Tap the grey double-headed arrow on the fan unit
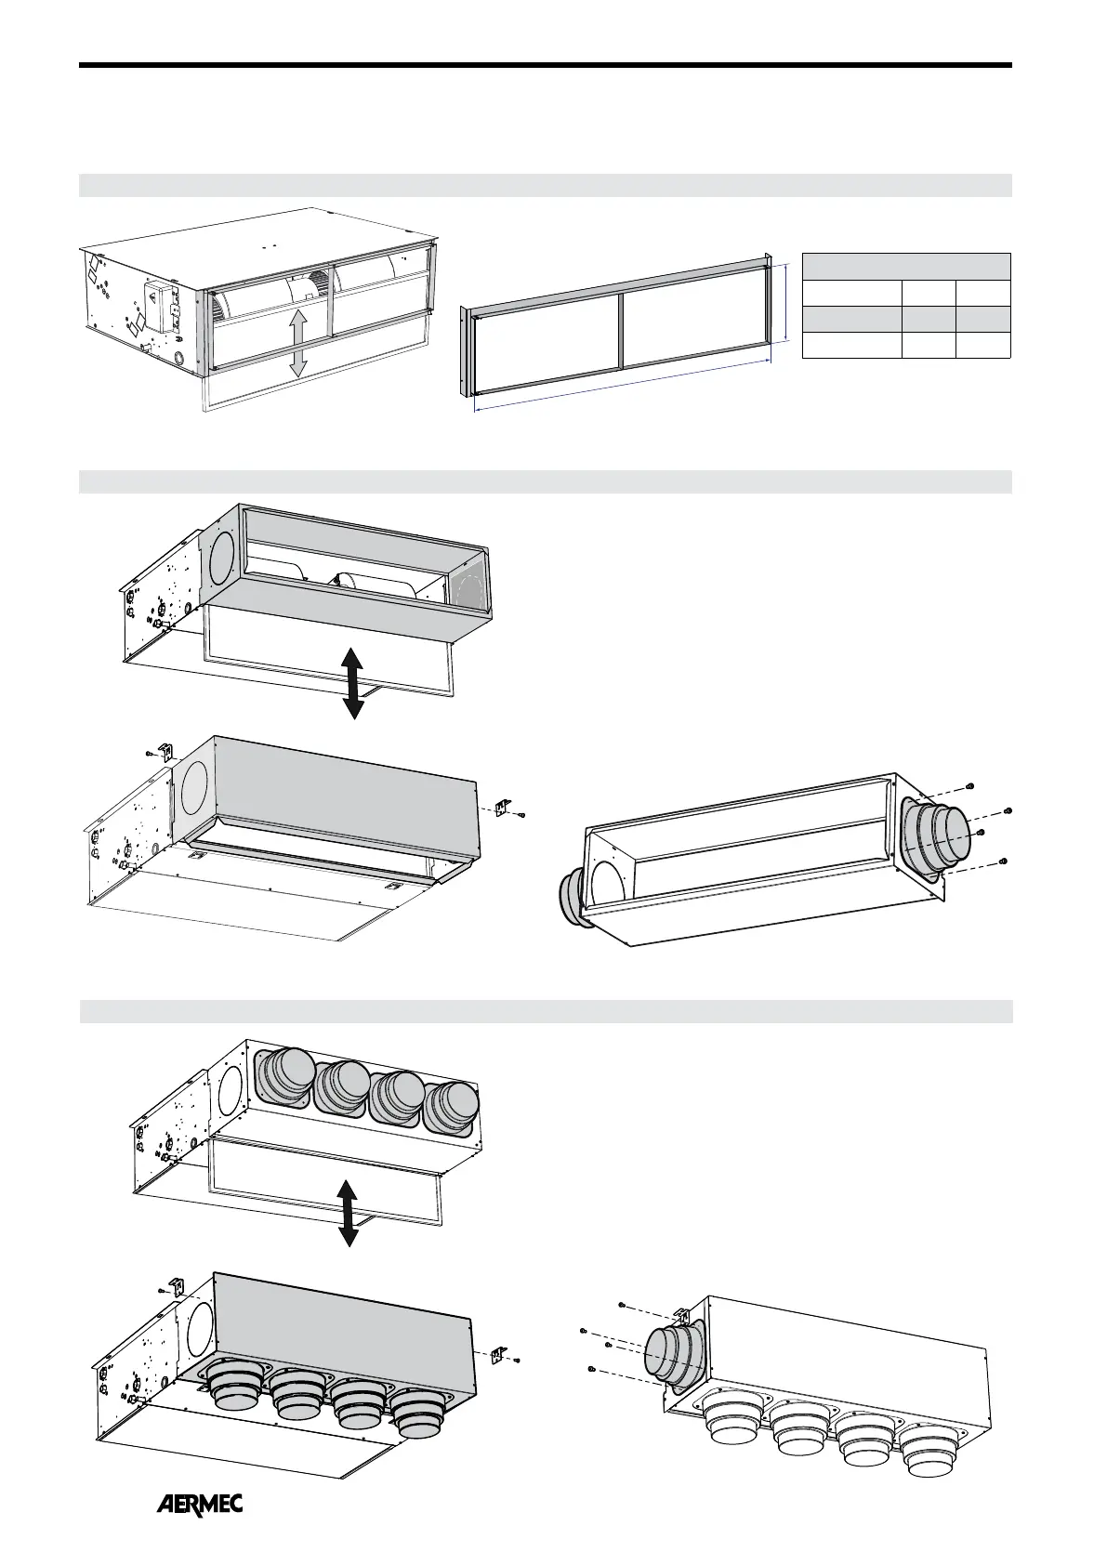pos(297,343)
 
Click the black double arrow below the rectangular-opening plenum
pos(352,683)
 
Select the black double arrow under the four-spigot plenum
pos(348,1213)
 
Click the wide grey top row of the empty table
pos(905,266)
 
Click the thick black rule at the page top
pos(545,65)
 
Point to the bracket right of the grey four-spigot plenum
pos(498,1356)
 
